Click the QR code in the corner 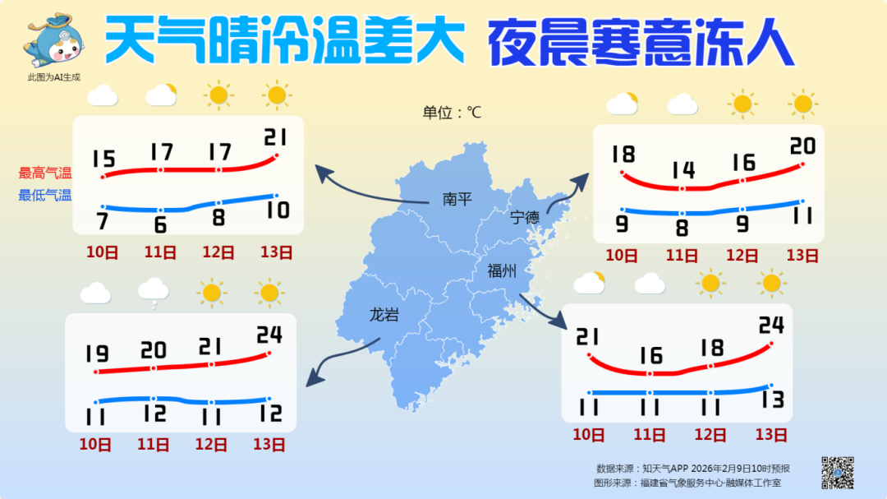pos(837,472)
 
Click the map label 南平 pos(457,199)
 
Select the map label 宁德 pos(525,218)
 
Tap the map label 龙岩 pos(383,314)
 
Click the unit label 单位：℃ pos(452,113)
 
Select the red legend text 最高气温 pos(45,173)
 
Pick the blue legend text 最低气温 pos(45,196)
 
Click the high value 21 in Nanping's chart pos(276,136)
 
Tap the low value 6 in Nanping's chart pos(160,224)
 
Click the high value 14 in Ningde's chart pos(682,170)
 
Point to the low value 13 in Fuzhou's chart pos(772,400)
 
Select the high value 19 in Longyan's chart pos(96,354)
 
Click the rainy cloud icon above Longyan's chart pos(154,290)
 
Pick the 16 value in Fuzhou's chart pos(650,355)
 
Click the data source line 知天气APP pos(692,468)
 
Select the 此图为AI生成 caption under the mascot pos(55,77)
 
